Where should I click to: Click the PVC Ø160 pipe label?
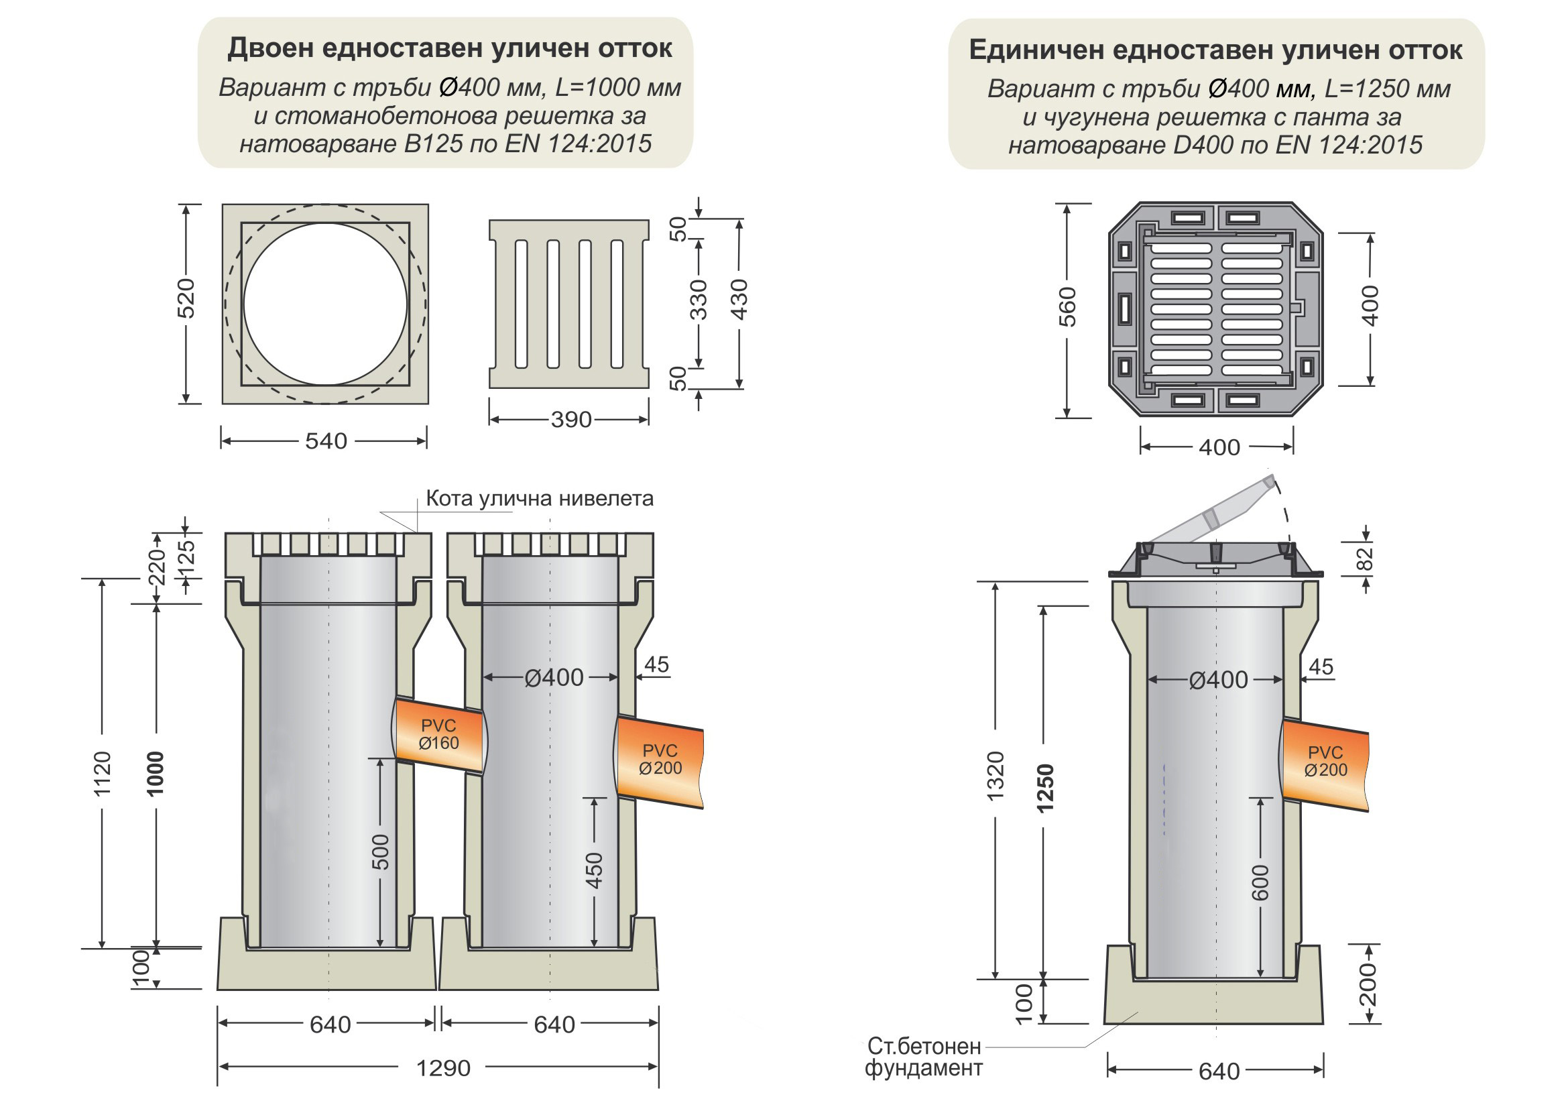coord(438,734)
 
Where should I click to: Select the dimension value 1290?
coord(443,1068)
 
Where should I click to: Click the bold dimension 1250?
coord(1044,788)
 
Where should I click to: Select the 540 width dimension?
coord(326,441)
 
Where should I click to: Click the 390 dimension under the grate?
coord(570,420)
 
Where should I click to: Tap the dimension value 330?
coord(697,300)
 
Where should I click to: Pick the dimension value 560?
coord(1067,307)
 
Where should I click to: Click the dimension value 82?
coord(1366,559)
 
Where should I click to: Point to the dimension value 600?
coord(1260,883)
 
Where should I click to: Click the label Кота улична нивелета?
coord(539,498)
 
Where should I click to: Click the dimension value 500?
coord(380,852)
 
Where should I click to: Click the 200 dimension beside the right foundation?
coord(1368,984)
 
